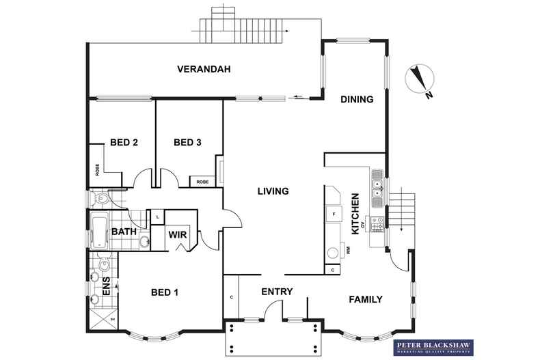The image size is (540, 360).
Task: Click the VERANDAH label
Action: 203,69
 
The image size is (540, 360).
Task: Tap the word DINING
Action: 357,100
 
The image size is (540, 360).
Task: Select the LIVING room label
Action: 273,191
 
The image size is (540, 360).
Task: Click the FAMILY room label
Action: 365,299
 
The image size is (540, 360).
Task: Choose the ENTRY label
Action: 277,292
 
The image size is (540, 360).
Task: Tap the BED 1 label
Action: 164,293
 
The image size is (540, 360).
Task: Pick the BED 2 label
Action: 124,143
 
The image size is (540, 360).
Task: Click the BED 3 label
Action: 187,143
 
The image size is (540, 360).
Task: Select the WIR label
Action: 178,235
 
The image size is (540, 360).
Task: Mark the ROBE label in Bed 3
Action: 202,182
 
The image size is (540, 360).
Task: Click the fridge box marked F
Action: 333,214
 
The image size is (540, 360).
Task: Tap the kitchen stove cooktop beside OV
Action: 377,221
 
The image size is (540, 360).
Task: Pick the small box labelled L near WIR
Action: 157,217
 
